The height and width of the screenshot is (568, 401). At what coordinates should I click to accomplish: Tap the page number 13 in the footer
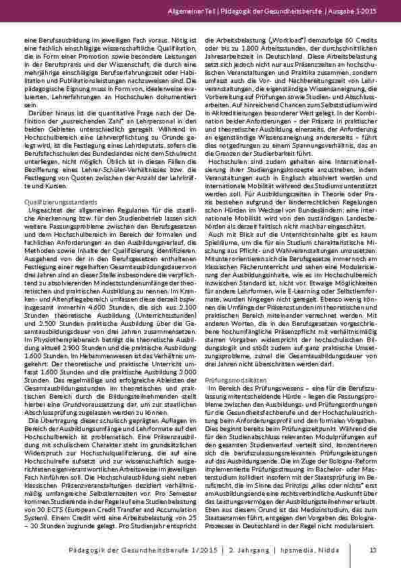[373, 551]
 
